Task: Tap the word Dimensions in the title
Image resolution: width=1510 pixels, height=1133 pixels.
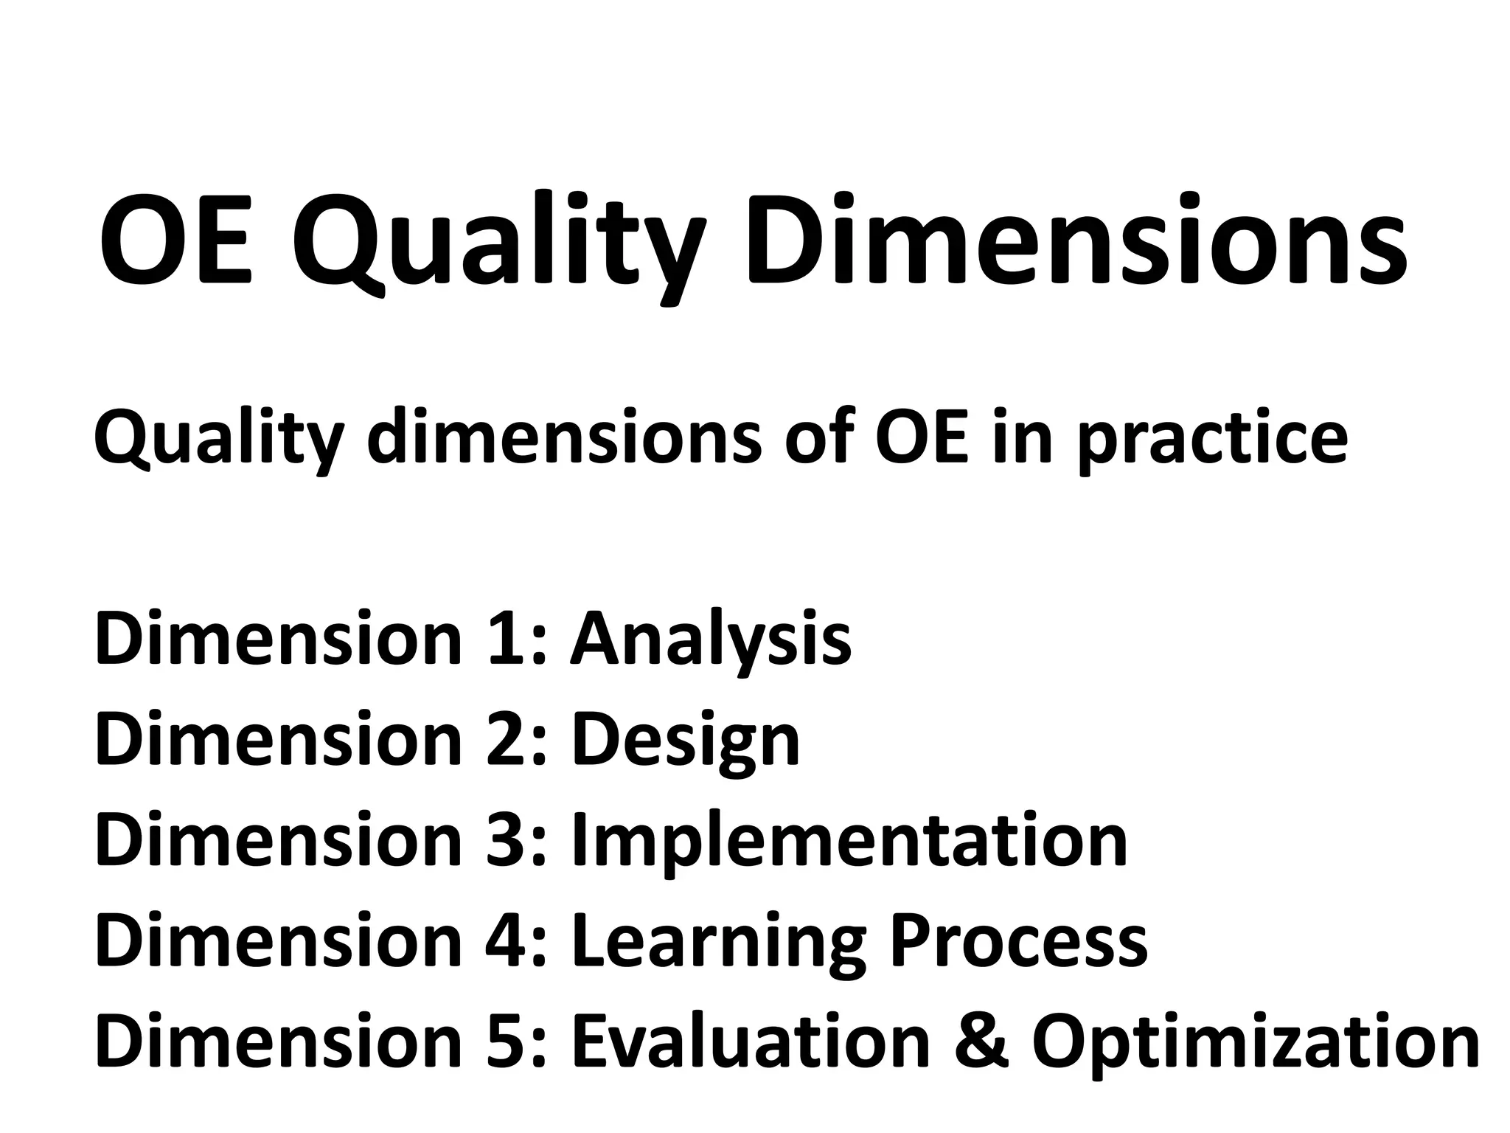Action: point(1076,240)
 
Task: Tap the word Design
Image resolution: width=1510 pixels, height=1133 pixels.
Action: point(686,741)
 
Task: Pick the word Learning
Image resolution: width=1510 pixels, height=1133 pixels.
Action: point(719,943)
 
